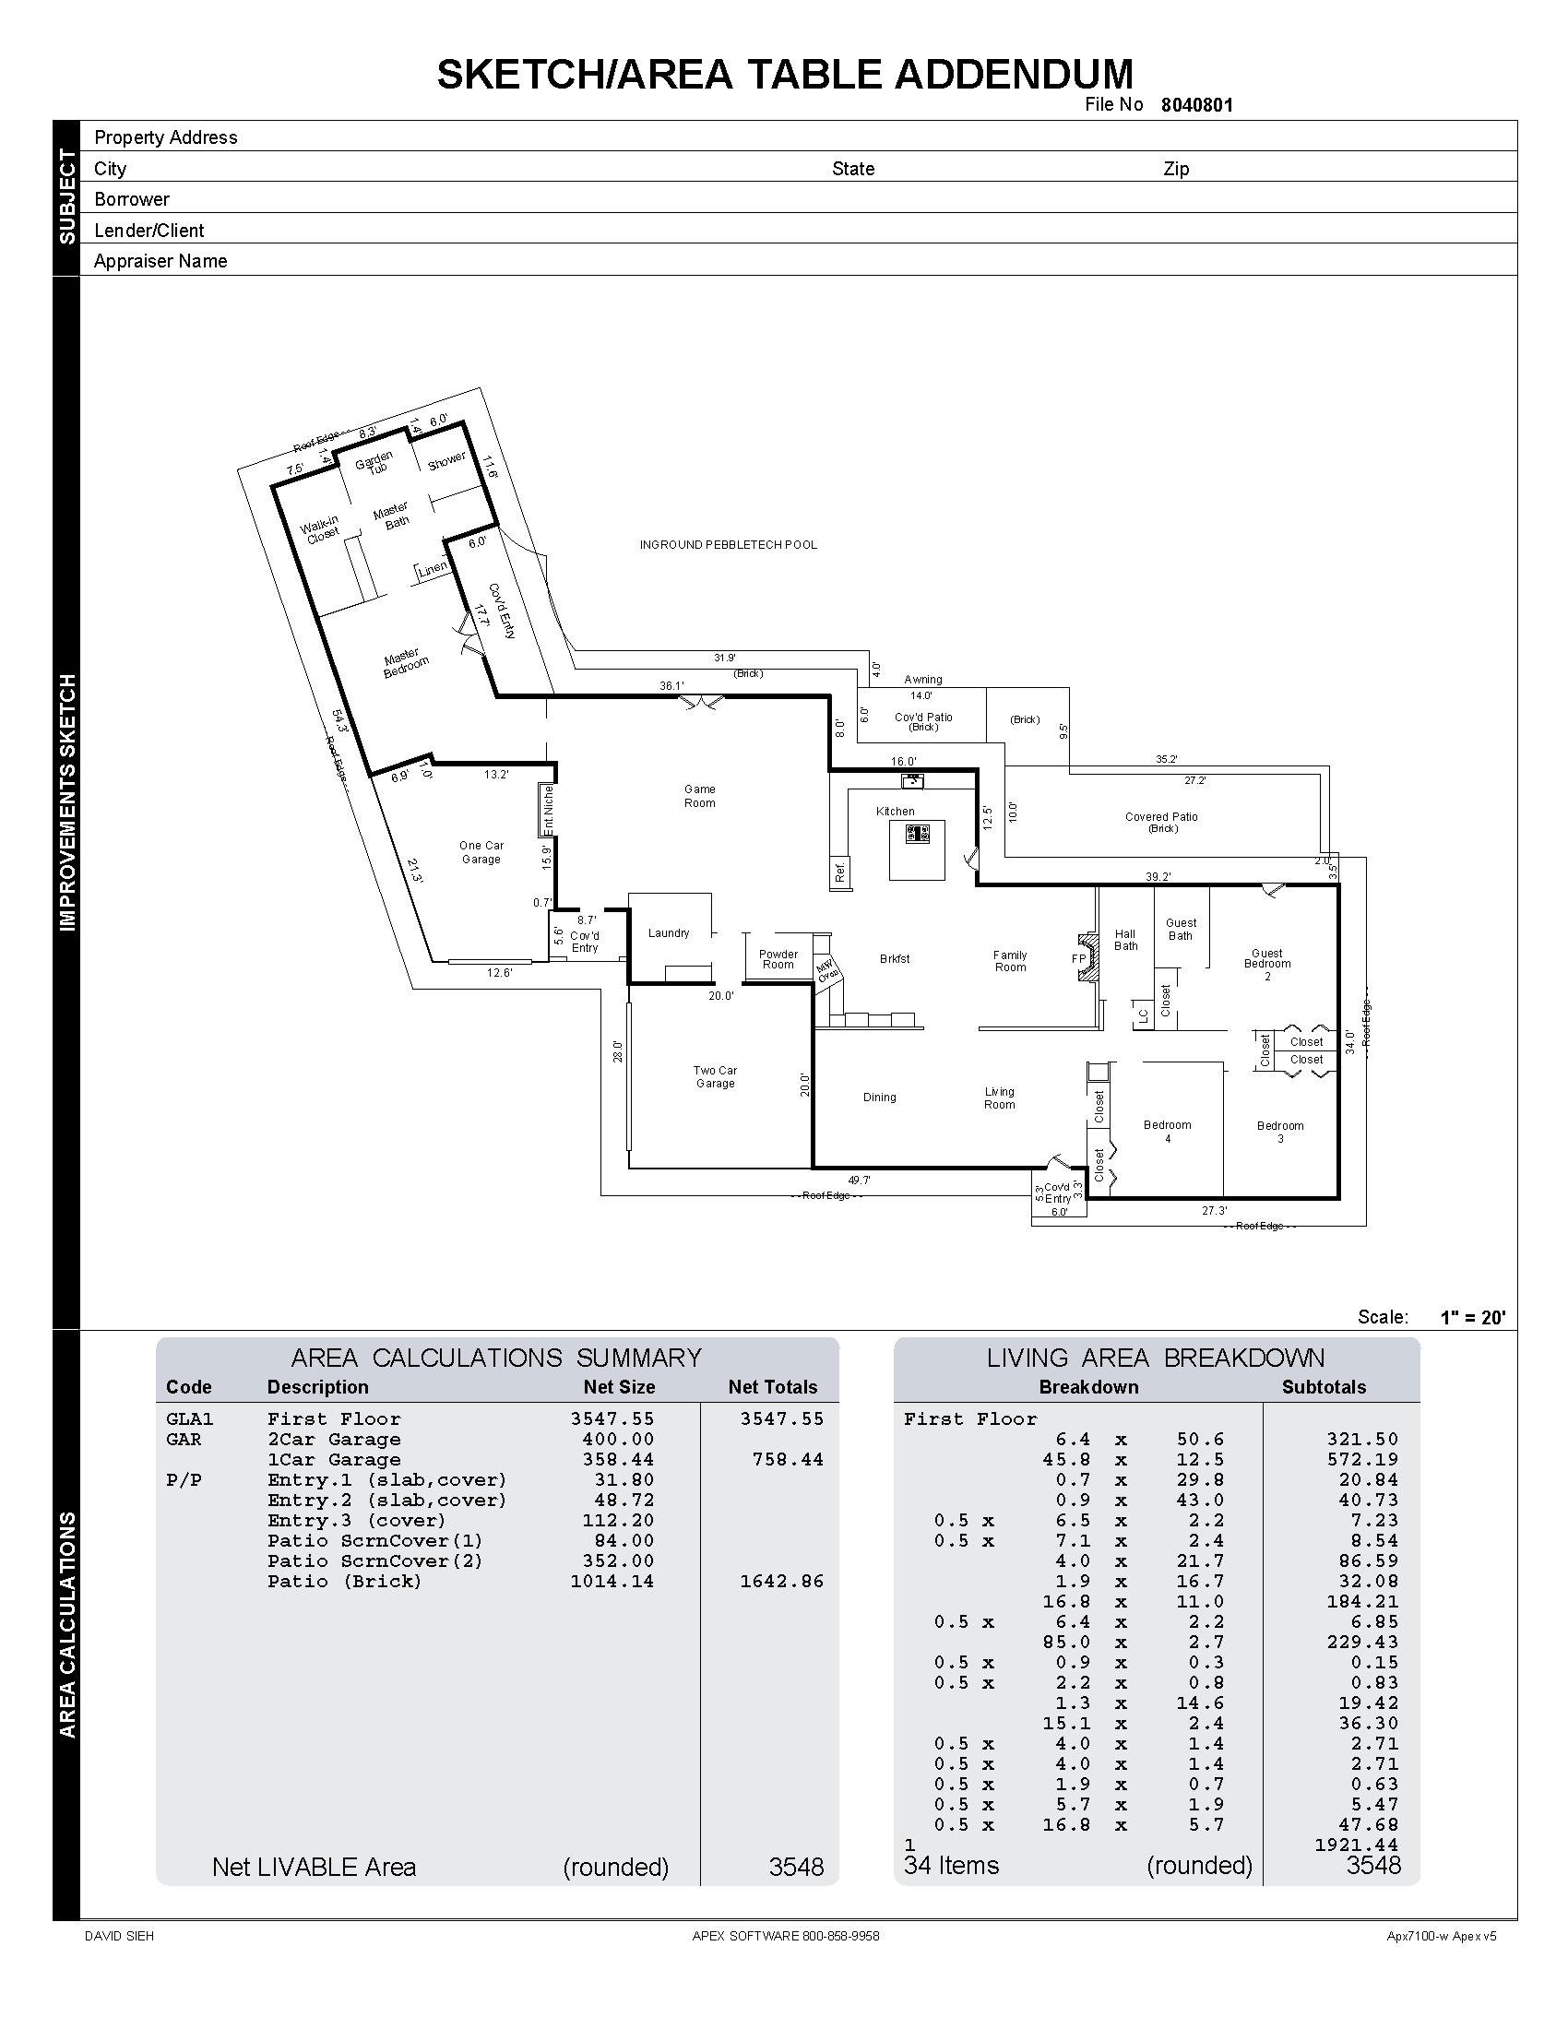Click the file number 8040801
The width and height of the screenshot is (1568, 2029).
click(1196, 105)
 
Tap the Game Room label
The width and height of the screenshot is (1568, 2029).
click(699, 796)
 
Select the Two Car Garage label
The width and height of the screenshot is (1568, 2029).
click(715, 1076)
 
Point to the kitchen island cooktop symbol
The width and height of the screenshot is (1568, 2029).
click(918, 835)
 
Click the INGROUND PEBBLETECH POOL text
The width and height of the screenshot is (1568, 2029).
click(729, 545)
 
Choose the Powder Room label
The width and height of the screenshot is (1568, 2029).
click(778, 960)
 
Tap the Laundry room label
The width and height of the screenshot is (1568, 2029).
click(669, 933)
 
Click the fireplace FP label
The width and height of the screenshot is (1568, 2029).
click(1078, 959)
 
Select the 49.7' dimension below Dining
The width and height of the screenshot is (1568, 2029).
click(860, 1181)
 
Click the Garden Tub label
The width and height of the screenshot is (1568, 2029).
click(374, 463)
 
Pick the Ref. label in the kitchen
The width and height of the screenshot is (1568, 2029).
click(839, 872)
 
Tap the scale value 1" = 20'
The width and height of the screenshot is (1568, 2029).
click(1472, 1317)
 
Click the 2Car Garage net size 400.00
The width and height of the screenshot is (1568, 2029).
click(618, 1439)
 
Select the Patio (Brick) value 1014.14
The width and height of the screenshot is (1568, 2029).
click(612, 1581)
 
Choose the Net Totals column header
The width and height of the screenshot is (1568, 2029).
click(772, 1387)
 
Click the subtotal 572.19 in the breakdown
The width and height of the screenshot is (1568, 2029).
click(1361, 1460)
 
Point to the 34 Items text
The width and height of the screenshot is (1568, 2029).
click(951, 1866)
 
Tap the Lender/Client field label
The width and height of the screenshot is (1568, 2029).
click(148, 231)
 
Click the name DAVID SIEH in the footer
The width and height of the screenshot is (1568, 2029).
click(119, 1936)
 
